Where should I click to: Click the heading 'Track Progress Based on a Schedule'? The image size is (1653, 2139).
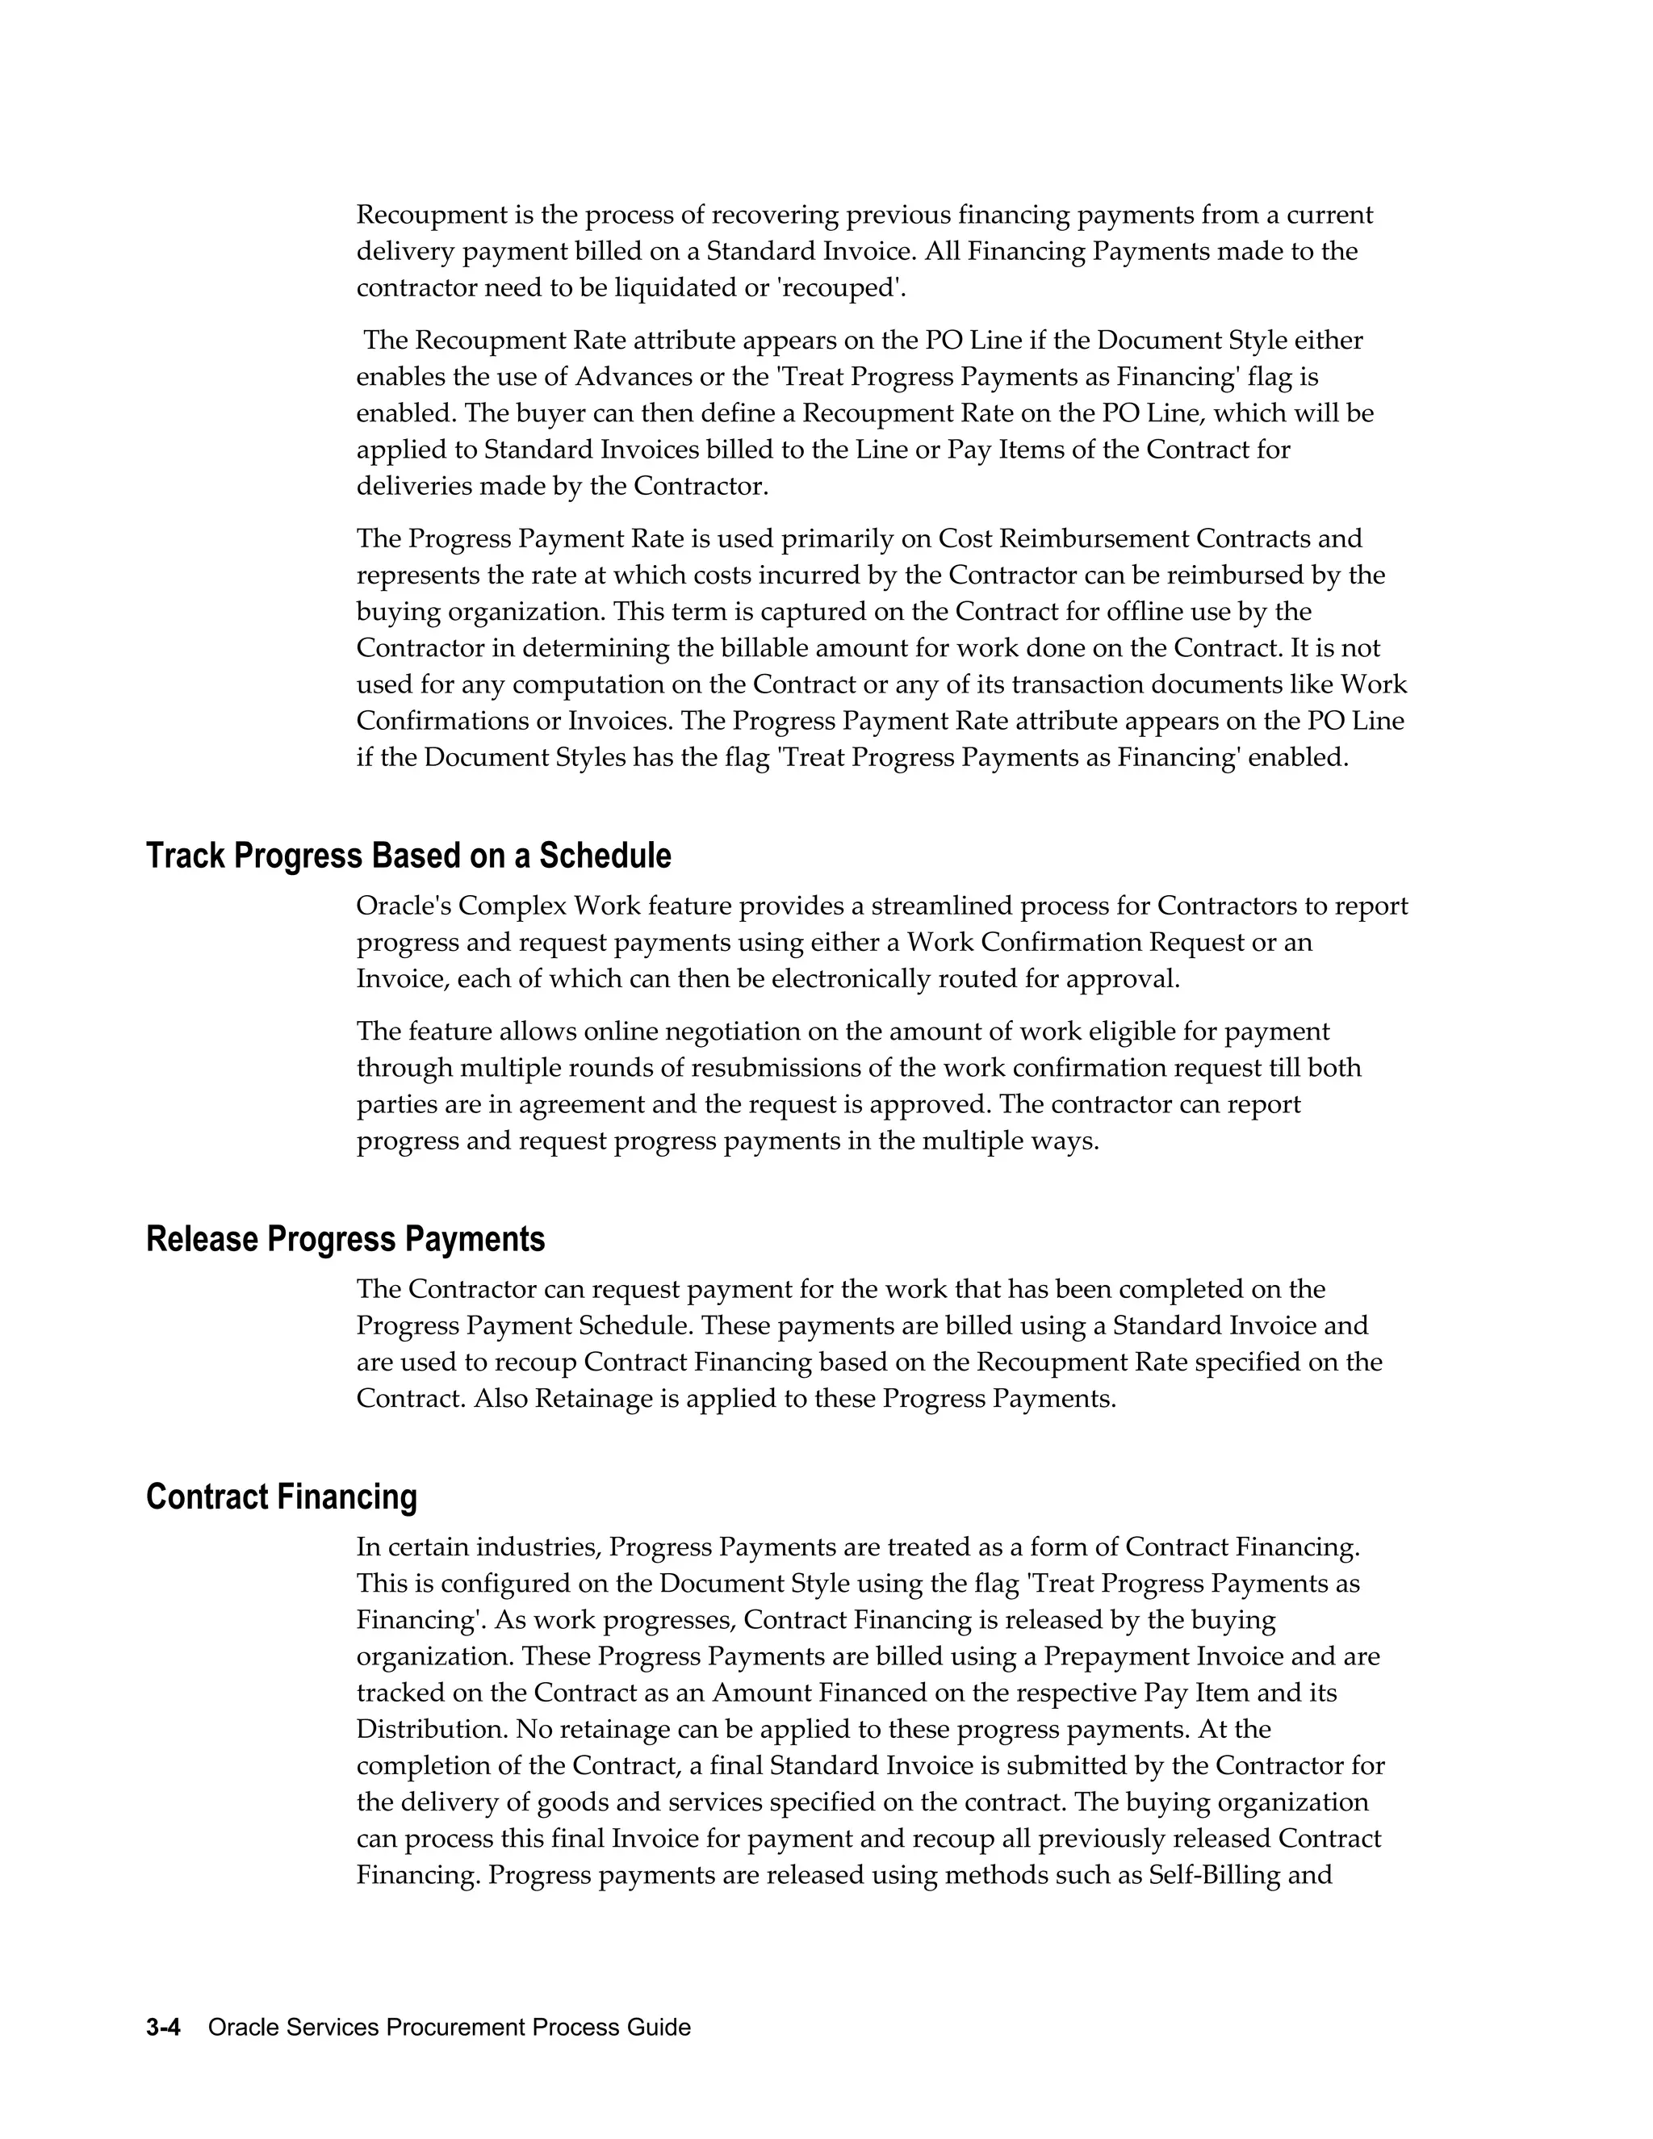(408, 856)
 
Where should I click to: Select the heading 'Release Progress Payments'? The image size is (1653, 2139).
(345, 1239)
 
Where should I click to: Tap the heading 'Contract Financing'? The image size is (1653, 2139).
(281, 1496)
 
